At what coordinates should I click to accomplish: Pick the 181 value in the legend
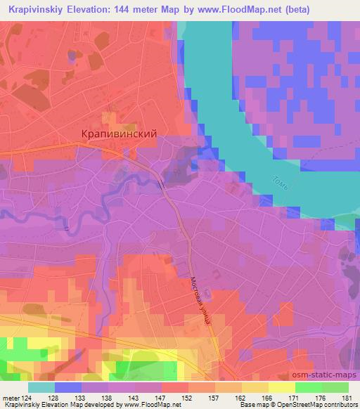click(x=347, y=398)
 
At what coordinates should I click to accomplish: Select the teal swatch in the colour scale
click(x=41, y=387)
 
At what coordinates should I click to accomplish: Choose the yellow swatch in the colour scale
click(x=281, y=387)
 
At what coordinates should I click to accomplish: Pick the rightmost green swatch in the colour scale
click(x=335, y=387)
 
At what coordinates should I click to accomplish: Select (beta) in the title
click(x=289, y=8)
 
